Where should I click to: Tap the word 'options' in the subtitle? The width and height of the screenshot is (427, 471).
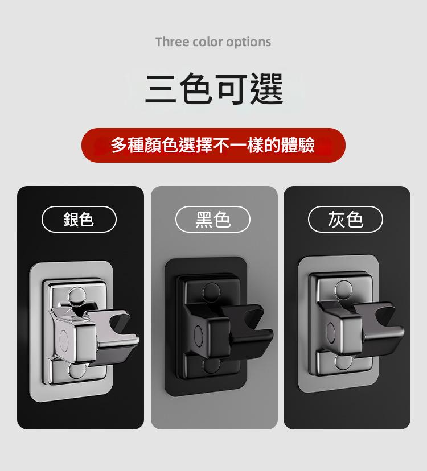(x=248, y=42)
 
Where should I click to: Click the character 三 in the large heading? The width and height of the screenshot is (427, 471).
(x=161, y=89)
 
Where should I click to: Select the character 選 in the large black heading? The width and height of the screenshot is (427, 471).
(x=266, y=89)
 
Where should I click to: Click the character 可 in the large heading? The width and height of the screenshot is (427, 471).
(x=232, y=89)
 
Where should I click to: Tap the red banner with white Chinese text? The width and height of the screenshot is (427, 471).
(x=213, y=145)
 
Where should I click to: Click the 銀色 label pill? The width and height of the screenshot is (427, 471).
(x=79, y=219)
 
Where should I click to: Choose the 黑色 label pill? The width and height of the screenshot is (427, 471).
(x=212, y=219)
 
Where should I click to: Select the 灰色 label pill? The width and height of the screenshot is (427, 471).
(x=346, y=219)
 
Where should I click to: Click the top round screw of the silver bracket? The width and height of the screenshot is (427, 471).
(x=76, y=296)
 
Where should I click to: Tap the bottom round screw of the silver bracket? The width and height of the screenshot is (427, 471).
(x=77, y=371)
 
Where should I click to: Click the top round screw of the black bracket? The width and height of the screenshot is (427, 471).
(x=211, y=292)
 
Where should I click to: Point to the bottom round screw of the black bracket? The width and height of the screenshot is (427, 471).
(x=211, y=366)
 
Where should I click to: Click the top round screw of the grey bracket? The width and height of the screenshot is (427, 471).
(x=344, y=289)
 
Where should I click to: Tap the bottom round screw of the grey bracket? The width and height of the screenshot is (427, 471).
(x=344, y=362)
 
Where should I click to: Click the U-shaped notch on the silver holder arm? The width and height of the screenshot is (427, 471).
(x=120, y=323)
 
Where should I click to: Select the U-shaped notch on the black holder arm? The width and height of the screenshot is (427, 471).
(x=253, y=317)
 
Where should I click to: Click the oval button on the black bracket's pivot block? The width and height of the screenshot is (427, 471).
(x=199, y=336)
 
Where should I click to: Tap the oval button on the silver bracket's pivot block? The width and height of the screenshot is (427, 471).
(x=64, y=341)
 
